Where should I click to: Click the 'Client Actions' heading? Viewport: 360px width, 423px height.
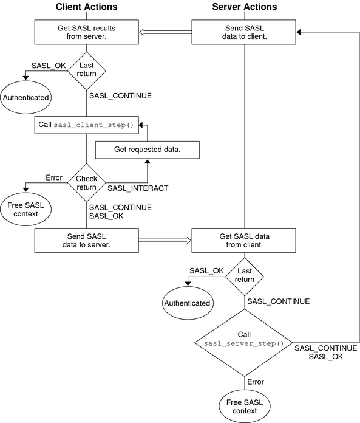pyautogui.click(x=86, y=7)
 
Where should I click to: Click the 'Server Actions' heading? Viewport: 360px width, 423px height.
pyautogui.click(x=244, y=7)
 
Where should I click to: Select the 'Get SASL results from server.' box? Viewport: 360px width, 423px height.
pyautogui.click(x=86, y=32)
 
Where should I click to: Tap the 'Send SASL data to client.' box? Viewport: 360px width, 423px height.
pyautogui.click(x=244, y=32)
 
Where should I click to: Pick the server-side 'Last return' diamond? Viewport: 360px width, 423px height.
pyautogui.click(x=245, y=275)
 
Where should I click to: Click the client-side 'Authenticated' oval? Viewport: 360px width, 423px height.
pyautogui.click(x=26, y=97)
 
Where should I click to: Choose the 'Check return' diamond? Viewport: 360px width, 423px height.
pyautogui.click(x=86, y=183)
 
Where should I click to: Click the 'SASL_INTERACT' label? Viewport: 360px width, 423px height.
pyautogui.click(x=137, y=188)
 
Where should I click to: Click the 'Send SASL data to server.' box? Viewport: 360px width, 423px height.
pyautogui.click(x=86, y=240)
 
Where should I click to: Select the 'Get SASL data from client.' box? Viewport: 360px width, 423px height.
pyautogui.click(x=244, y=240)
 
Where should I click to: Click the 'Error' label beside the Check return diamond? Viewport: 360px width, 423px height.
pyautogui.click(x=55, y=177)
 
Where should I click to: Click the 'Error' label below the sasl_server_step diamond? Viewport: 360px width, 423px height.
pyautogui.click(x=256, y=382)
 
